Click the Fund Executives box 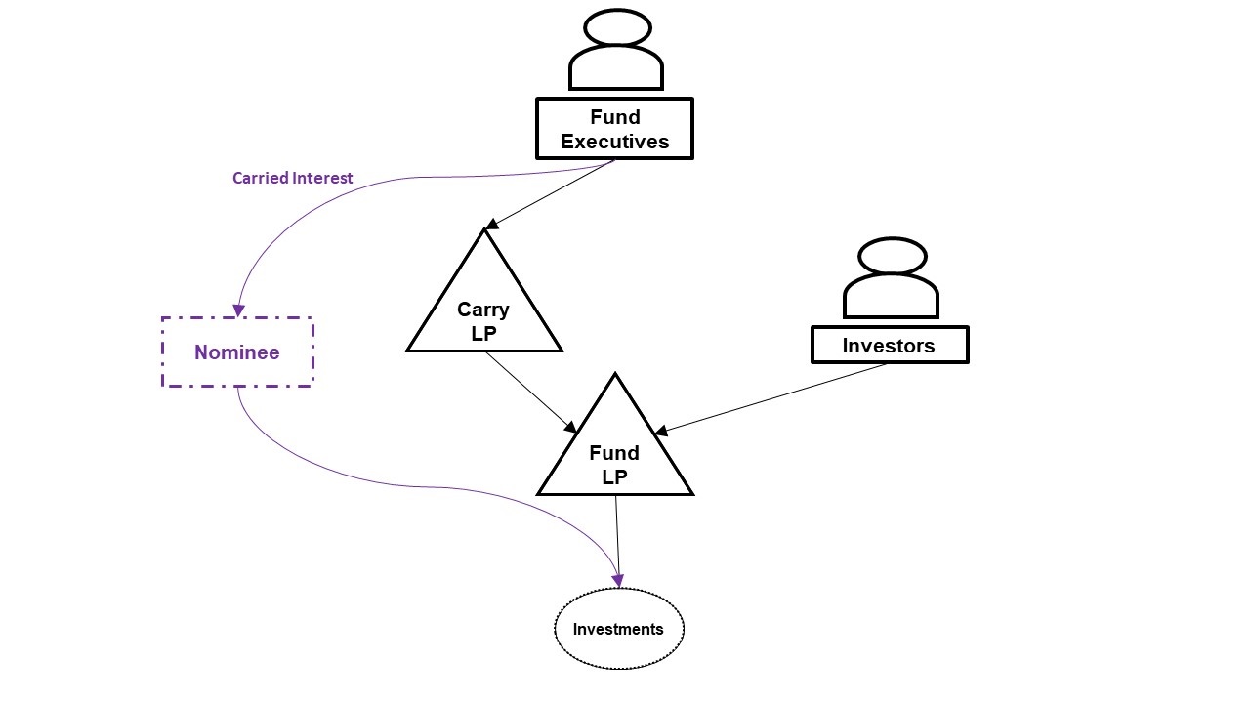point(614,129)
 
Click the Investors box point(889,346)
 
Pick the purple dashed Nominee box point(237,352)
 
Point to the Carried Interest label point(292,179)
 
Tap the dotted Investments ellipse point(618,629)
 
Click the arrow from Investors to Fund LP point(771,398)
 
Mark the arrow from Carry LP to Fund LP point(530,392)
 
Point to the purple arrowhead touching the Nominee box point(238,310)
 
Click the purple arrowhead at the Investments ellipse point(617,580)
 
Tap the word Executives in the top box point(614,142)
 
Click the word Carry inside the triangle point(483,310)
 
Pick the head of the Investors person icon point(892,256)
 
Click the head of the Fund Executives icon point(616,27)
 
